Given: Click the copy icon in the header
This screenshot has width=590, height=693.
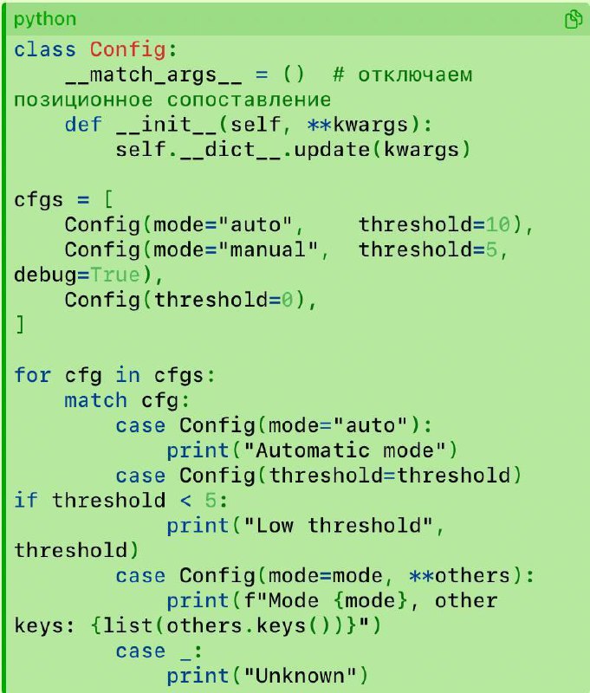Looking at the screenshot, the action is pyautogui.click(x=574, y=19).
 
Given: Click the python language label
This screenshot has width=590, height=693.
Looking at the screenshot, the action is pyautogui.click(x=45, y=19).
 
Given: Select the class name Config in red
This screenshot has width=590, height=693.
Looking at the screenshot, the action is pyautogui.click(x=127, y=49).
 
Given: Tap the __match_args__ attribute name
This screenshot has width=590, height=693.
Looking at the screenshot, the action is pyautogui.click(x=153, y=74).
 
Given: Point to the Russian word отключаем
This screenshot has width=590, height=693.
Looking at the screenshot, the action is pyautogui.click(x=415, y=74).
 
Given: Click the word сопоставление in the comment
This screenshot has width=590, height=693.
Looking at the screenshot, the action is pyautogui.click(x=249, y=100).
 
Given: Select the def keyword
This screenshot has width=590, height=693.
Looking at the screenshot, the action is pyautogui.click(x=83, y=124).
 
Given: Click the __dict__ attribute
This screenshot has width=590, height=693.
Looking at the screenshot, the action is pyautogui.click(x=230, y=149).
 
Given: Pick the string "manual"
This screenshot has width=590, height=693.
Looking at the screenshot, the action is pyautogui.click(x=274, y=249).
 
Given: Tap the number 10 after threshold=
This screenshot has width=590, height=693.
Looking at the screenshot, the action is pyautogui.click(x=497, y=224).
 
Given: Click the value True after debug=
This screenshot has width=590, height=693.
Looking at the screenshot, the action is pyautogui.click(x=115, y=275).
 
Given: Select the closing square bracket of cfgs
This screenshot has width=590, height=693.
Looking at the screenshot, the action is pyautogui.click(x=20, y=325).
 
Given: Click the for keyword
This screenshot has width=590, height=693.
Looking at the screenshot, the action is pyautogui.click(x=32, y=375).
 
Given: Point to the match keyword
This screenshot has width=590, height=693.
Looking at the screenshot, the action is pyautogui.click(x=96, y=400).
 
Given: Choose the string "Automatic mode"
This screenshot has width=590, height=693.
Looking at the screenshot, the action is pyautogui.click(x=345, y=450).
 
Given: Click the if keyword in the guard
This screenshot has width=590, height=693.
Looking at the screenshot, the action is pyautogui.click(x=26, y=501).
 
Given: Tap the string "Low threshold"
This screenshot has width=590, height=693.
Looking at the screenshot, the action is pyautogui.click(x=339, y=526).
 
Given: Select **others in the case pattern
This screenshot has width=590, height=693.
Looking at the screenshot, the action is pyautogui.click(x=460, y=575).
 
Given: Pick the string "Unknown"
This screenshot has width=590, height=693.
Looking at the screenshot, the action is pyautogui.click(x=300, y=676).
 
